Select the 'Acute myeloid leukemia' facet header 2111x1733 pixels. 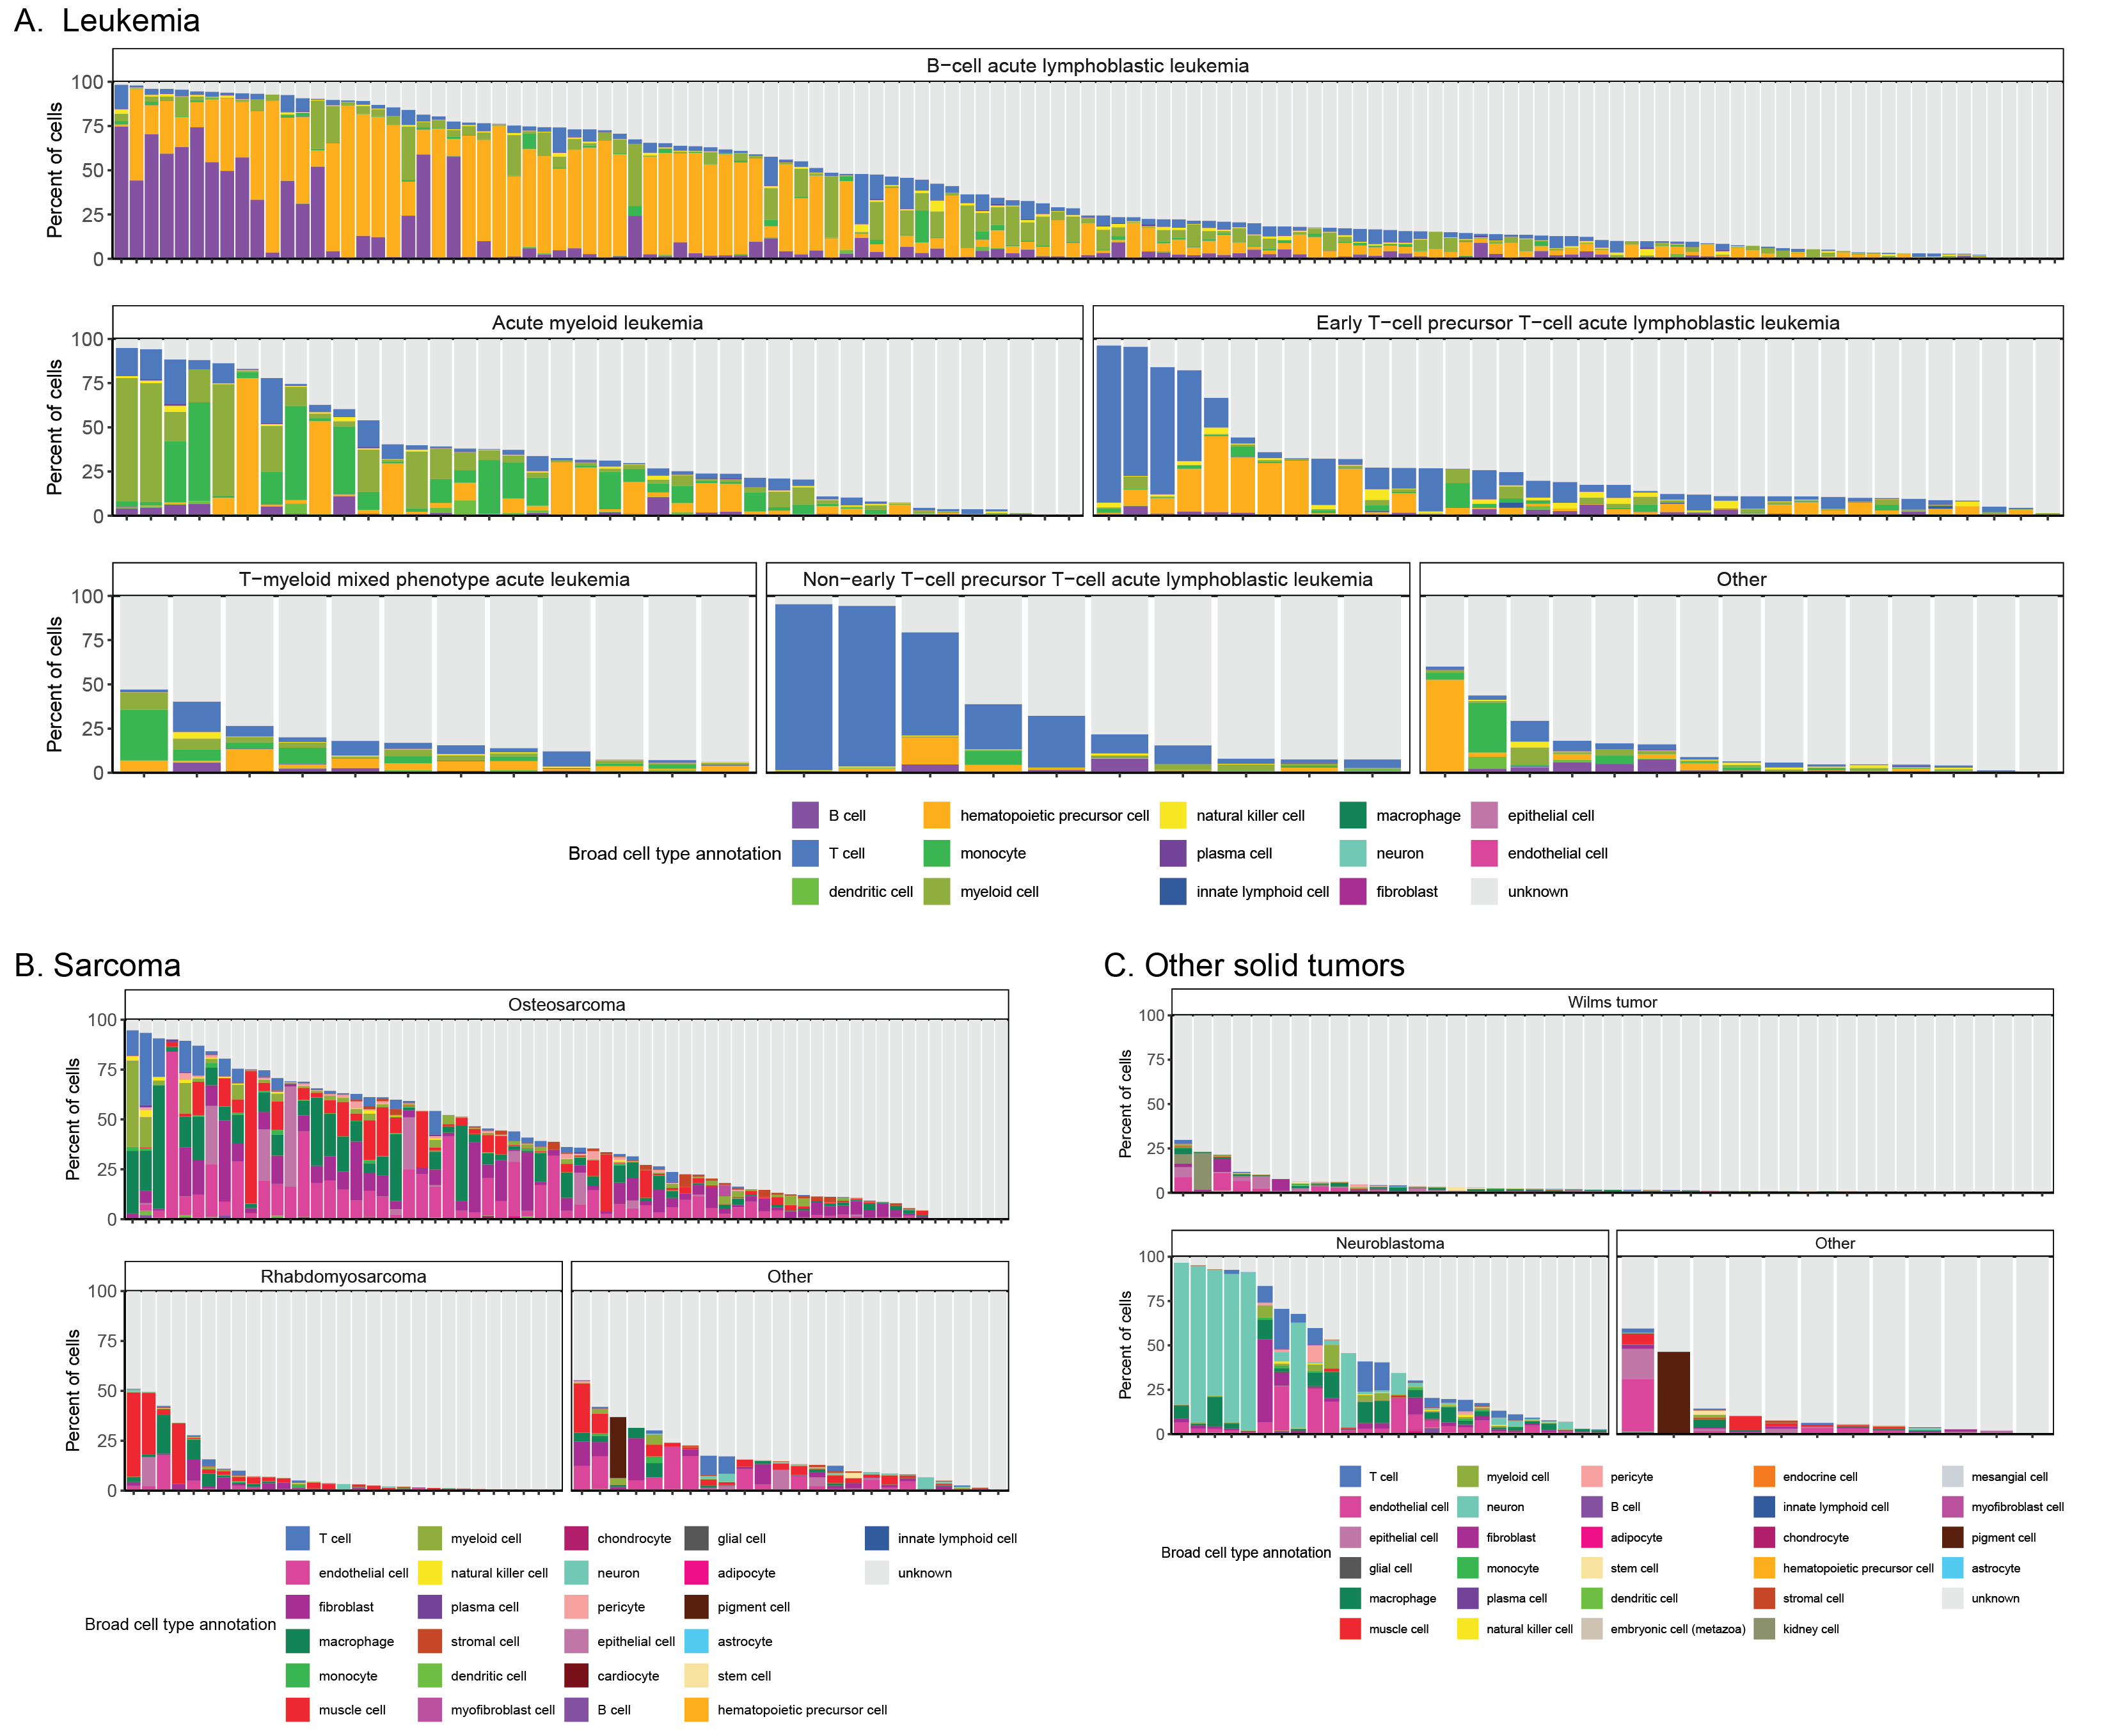[597, 322]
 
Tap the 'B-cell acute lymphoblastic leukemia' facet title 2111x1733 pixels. [1087, 66]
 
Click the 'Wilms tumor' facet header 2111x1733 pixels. [1611, 1002]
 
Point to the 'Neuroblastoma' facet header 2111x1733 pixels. [1389, 1244]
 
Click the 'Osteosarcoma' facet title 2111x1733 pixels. [566, 1005]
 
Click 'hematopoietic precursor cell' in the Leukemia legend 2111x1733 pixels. [1053, 816]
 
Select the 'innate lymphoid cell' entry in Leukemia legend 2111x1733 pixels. [1261, 892]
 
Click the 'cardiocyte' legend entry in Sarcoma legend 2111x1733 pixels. [634, 1676]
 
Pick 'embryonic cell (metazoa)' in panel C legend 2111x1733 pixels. [1677, 1629]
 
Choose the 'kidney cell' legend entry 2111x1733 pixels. [1810, 1629]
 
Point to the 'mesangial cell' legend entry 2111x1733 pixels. [2008, 1476]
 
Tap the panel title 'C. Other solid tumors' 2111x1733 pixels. [1254, 965]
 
